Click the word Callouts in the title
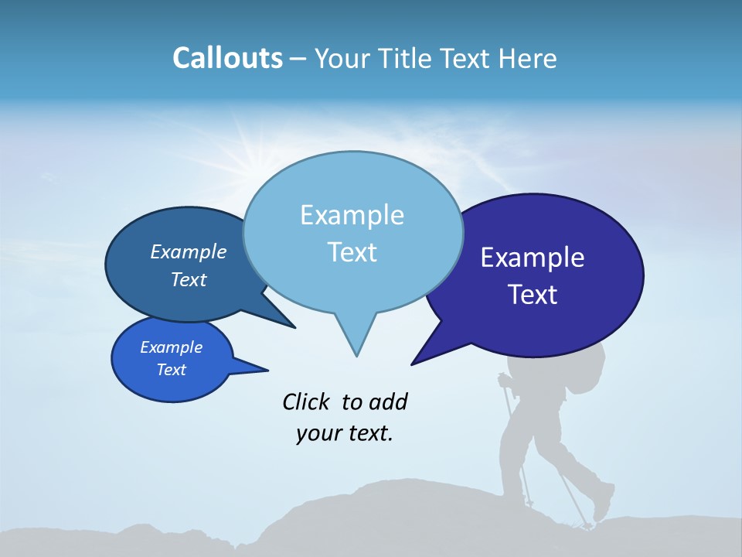pyautogui.click(x=227, y=58)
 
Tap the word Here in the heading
pyautogui.click(x=526, y=58)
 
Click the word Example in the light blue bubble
pyautogui.click(x=352, y=215)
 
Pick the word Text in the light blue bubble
pyautogui.click(x=352, y=252)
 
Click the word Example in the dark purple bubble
pyautogui.click(x=533, y=258)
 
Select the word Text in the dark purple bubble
pyautogui.click(x=533, y=295)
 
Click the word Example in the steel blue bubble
pyautogui.click(x=189, y=252)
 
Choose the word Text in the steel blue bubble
pyautogui.click(x=189, y=280)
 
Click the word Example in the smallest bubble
pyautogui.click(x=171, y=347)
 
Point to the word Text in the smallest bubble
pyautogui.click(x=171, y=370)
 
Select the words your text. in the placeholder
pyautogui.click(x=345, y=433)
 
